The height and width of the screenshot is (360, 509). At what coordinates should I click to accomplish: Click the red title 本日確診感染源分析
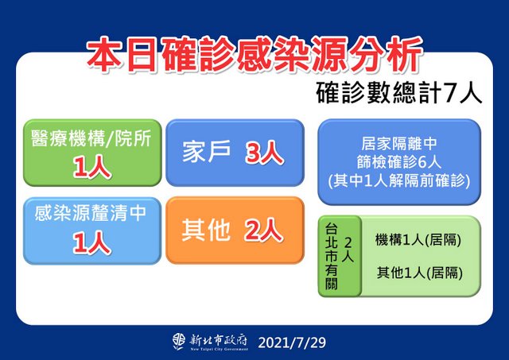(x=254, y=55)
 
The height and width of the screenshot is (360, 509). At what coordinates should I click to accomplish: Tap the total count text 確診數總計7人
(x=399, y=94)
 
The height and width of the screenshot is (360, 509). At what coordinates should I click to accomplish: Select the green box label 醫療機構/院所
(x=91, y=139)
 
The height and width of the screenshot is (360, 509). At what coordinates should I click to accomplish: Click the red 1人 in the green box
(x=92, y=168)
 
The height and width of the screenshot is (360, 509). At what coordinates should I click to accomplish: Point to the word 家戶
(x=207, y=152)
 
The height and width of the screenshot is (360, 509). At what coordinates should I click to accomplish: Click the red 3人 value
(x=265, y=153)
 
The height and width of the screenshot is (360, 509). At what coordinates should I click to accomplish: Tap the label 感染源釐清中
(x=91, y=214)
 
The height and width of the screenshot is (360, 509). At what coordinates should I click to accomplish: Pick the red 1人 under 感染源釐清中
(x=92, y=243)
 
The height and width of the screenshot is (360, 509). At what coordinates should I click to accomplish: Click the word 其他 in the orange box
(x=206, y=230)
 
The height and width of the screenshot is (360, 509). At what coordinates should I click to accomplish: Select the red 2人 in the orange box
(x=264, y=230)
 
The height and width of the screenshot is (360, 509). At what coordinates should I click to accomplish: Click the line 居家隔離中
(x=399, y=144)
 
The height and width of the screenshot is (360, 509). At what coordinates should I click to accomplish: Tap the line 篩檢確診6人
(x=399, y=162)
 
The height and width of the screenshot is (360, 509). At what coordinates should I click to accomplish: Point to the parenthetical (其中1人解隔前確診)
(x=399, y=180)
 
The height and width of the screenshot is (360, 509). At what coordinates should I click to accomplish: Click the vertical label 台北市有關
(x=332, y=256)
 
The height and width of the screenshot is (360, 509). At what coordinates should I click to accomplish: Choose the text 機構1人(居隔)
(x=418, y=240)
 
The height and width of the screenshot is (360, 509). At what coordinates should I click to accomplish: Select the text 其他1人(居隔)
(x=419, y=273)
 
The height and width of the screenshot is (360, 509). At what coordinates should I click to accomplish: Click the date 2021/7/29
(x=292, y=343)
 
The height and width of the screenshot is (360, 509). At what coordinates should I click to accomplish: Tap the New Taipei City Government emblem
(x=179, y=342)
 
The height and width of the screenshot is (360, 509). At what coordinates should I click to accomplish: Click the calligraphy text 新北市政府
(x=219, y=340)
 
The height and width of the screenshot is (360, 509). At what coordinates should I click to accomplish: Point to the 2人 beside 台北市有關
(x=348, y=250)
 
